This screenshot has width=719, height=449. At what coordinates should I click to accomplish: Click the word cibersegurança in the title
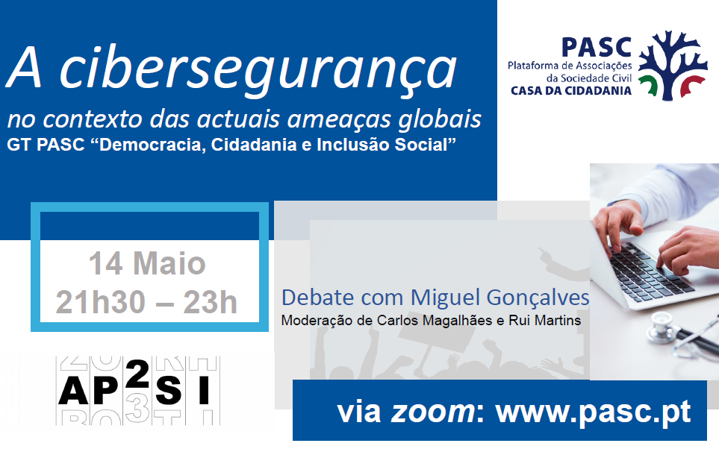click(258, 70)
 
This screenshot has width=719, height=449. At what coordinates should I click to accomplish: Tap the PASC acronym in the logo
click(597, 47)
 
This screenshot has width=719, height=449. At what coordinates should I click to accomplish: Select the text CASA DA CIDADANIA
click(571, 91)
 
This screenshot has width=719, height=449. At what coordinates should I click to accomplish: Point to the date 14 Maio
click(147, 263)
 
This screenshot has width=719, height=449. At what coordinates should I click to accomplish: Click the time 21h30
click(101, 302)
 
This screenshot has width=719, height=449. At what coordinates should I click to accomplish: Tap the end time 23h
click(210, 302)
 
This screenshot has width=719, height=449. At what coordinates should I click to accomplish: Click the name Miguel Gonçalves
click(499, 298)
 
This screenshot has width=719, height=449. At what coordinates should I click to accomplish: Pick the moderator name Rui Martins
click(545, 320)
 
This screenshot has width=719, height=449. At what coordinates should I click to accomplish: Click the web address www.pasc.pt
click(593, 412)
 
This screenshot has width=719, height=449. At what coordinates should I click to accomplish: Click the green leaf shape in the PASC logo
click(648, 86)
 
